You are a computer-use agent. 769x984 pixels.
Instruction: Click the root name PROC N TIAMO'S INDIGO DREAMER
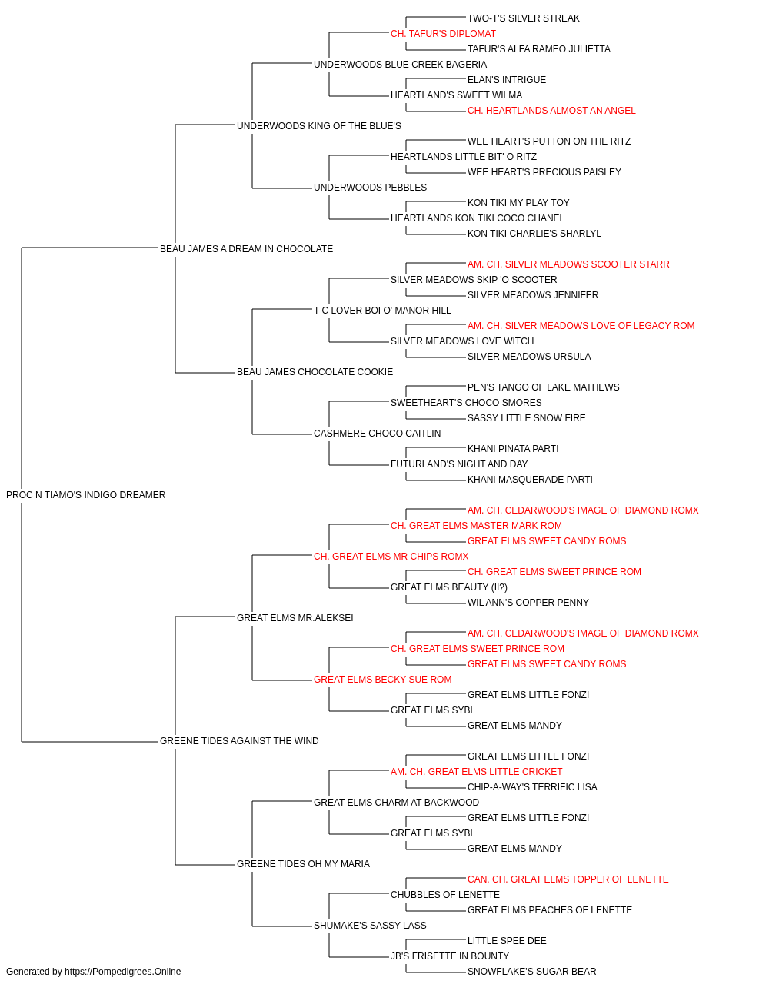click(x=85, y=495)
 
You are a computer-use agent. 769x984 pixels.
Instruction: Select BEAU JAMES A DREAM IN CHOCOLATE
click(x=246, y=249)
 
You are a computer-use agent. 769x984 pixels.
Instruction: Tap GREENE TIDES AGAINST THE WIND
click(x=239, y=741)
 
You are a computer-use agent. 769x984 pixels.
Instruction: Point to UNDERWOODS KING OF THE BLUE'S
click(x=319, y=126)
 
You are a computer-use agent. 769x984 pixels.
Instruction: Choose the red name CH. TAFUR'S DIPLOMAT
click(x=443, y=34)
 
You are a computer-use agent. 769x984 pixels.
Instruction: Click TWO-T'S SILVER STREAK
click(x=523, y=18)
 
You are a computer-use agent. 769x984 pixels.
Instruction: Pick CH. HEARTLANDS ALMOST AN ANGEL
click(x=551, y=111)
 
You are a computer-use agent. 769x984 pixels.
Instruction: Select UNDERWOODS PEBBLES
click(x=370, y=188)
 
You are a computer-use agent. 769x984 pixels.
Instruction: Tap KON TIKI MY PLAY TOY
click(x=518, y=203)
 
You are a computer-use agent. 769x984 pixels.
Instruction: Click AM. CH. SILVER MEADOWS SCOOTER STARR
click(x=568, y=264)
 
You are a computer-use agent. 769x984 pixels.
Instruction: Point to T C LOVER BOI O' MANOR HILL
click(x=382, y=311)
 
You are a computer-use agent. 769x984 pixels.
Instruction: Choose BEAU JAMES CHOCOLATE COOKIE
click(x=315, y=372)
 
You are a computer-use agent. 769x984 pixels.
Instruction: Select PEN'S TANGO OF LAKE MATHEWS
click(x=543, y=387)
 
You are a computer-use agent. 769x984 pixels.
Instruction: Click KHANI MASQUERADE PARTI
click(x=530, y=480)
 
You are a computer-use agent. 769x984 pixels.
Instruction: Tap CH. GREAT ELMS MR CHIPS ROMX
click(x=391, y=557)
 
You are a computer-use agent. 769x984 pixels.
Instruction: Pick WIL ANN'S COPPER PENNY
click(x=528, y=603)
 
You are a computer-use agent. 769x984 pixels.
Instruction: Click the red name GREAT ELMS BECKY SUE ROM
click(x=383, y=680)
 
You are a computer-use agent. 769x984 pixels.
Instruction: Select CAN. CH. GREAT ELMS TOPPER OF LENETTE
click(x=568, y=879)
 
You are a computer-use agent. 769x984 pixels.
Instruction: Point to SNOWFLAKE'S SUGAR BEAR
click(x=531, y=972)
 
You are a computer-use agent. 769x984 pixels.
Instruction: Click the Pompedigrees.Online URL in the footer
click(x=122, y=972)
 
